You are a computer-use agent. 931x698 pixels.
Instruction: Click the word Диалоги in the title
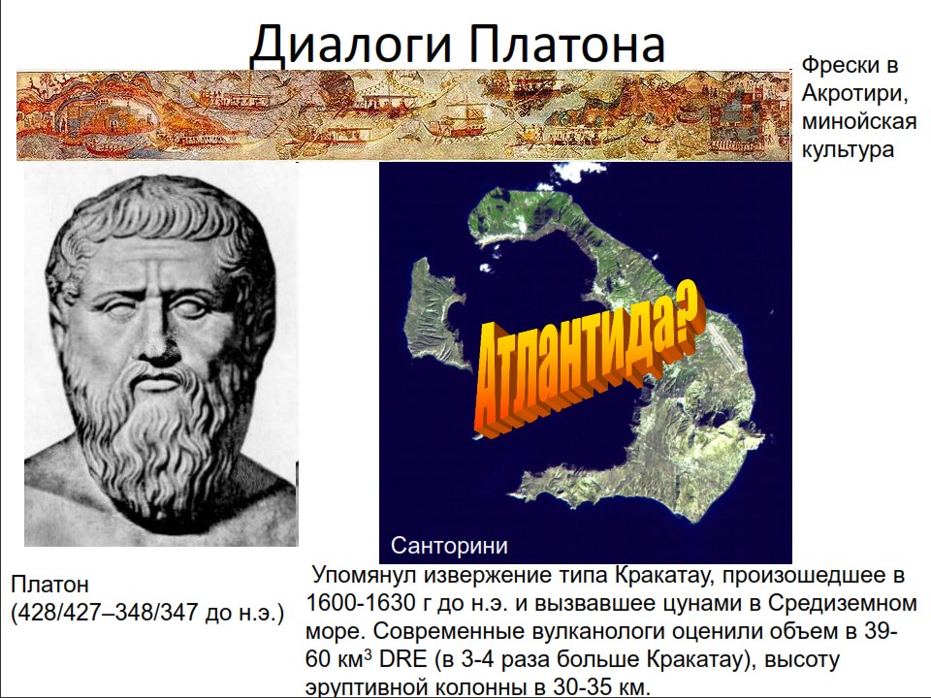[351, 46]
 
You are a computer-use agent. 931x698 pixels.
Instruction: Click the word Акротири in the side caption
[852, 93]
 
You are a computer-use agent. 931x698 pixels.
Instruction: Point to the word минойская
[859, 121]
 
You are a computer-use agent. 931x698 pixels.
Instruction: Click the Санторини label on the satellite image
[449, 546]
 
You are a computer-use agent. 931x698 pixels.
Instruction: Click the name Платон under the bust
[49, 584]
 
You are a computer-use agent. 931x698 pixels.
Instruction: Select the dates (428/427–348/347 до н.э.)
[147, 613]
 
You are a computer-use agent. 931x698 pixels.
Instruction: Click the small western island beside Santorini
[433, 313]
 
